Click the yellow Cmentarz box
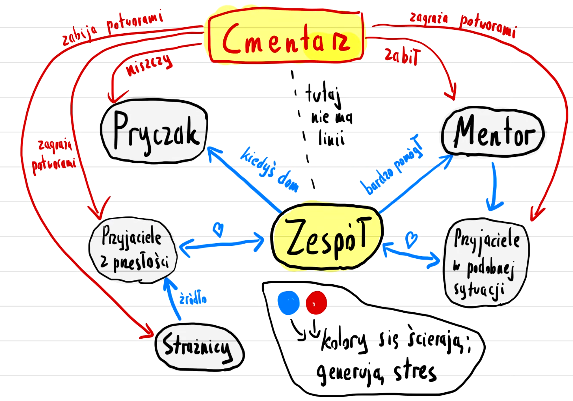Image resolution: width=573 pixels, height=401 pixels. (286, 37)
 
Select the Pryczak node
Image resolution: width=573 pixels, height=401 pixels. (154, 131)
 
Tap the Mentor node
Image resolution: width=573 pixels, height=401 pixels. (493, 132)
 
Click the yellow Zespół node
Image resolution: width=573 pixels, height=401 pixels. (327, 237)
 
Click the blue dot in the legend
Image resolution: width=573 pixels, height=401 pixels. (288, 303)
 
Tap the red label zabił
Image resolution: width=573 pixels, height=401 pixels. (402, 56)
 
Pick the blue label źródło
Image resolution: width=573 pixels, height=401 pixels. (193, 298)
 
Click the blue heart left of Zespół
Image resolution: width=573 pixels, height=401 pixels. (218, 230)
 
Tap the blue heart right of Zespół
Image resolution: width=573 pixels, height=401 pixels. (411, 239)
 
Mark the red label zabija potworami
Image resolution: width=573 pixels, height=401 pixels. (112, 28)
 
